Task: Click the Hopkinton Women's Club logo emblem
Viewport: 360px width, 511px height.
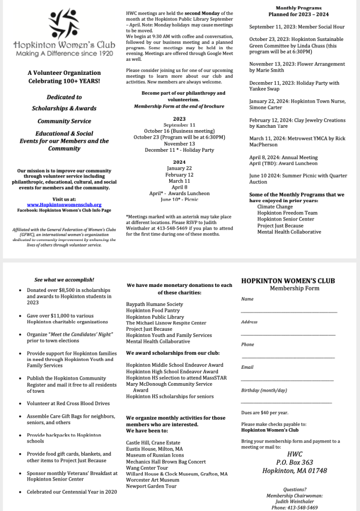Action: pyautogui.click(x=63, y=24)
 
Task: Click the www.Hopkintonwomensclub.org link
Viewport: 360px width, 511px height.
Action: pyautogui.click(x=64, y=205)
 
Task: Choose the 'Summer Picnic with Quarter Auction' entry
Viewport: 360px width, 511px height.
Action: pyautogui.click(x=298, y=179)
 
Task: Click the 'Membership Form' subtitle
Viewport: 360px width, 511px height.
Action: pyautogui.click(x=295, y=288)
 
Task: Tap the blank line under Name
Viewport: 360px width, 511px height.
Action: pyautogui.click(x=289, y=312)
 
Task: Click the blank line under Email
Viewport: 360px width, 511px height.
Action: pyautogui.click(x=288, y=380)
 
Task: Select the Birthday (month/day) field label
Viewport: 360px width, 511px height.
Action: pyautogui.click(x=264, y=390)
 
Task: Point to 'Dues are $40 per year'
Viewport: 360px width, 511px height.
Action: pyautogui.click(x=265, y=413)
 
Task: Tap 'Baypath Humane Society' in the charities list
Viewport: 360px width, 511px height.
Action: pyautogui.click(x=154, y=304)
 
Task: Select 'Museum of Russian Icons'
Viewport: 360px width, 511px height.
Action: pyautogui.click(x=155, y=455)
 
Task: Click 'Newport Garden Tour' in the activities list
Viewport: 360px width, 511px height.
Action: pyautogui.click(x=151, y=486)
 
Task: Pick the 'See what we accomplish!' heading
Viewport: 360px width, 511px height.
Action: pyautogui.click(x=64, y=280)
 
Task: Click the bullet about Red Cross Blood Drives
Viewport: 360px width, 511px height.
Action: pyautogui.click(x=68, y=403)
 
